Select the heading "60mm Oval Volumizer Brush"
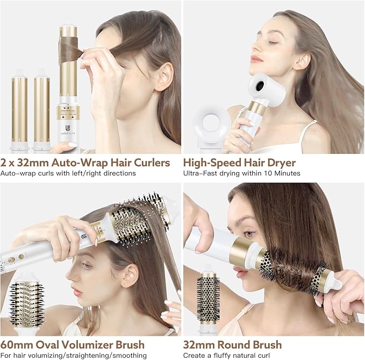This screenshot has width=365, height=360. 73,344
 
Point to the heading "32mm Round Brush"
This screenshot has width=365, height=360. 232,344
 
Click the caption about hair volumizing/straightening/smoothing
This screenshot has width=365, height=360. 74,355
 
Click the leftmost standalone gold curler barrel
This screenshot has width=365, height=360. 19,108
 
